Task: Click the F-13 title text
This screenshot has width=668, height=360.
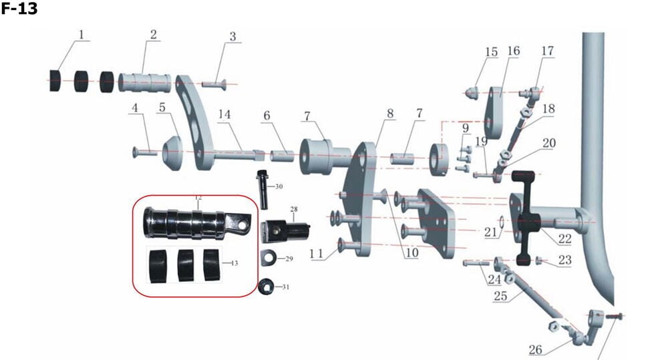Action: coord(19,10)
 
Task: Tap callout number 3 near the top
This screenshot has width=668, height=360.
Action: coord(232,37)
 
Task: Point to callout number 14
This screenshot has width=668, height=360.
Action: coord(224,114)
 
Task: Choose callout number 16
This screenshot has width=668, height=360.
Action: coord(514,51)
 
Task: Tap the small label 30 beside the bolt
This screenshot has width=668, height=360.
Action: coord(279,186)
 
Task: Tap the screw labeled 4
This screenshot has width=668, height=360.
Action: coord(145,153)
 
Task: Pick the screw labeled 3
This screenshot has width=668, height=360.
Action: coord(214,83)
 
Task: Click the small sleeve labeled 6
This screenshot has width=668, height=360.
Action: coord(282,156)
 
